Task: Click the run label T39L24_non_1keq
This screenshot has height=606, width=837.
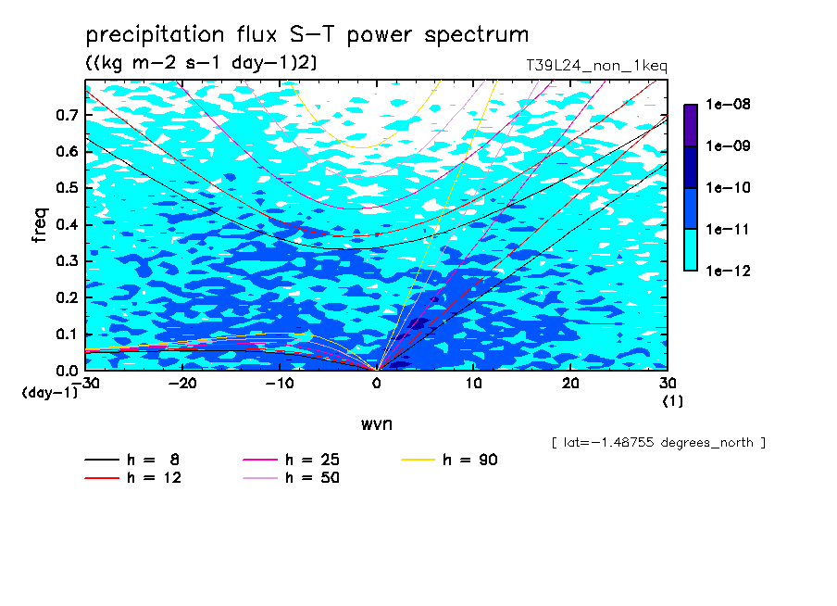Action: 597,66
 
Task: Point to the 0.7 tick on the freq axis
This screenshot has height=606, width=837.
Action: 67,115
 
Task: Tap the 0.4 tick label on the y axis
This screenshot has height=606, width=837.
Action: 67,224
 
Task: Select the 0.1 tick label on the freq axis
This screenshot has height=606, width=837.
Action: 67,334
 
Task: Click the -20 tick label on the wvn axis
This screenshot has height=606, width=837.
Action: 182,383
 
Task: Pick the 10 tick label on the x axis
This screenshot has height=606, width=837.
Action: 473,383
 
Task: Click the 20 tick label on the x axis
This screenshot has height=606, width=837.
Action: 570,383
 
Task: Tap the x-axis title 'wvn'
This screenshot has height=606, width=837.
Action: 377,423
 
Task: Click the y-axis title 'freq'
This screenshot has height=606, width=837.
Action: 40,225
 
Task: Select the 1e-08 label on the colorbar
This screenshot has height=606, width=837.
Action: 728,104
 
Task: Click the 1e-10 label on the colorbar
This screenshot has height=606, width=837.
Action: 728,187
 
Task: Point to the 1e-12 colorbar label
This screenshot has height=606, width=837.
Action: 728,271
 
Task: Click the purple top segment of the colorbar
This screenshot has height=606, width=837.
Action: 691,125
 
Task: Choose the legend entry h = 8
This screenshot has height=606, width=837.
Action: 131,460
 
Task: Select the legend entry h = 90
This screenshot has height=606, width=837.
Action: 449,460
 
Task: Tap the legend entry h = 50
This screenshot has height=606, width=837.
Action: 291,477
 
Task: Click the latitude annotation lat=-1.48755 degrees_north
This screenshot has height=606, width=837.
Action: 658,443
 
